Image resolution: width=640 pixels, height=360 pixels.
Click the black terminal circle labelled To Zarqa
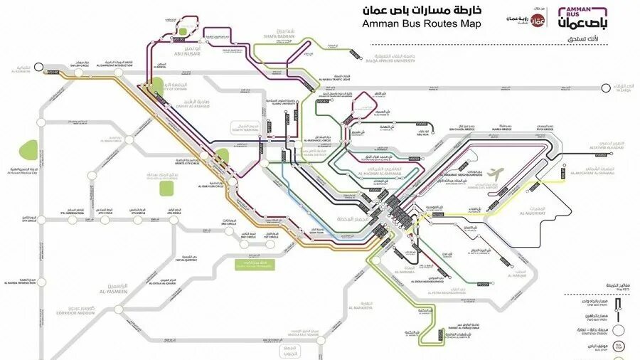(x=605, y=88)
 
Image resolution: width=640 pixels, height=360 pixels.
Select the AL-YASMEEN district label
(x=114, y=292)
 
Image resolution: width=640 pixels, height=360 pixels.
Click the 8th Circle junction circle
(x=41, y=213)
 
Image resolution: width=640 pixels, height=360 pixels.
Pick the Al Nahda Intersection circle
(x=41, y=282)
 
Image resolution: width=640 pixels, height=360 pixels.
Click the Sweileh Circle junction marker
(x=76, y=71)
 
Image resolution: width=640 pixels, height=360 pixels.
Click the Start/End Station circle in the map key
(x=621, y=330)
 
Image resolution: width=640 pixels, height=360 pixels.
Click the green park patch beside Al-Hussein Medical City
(x=28, y=150)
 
